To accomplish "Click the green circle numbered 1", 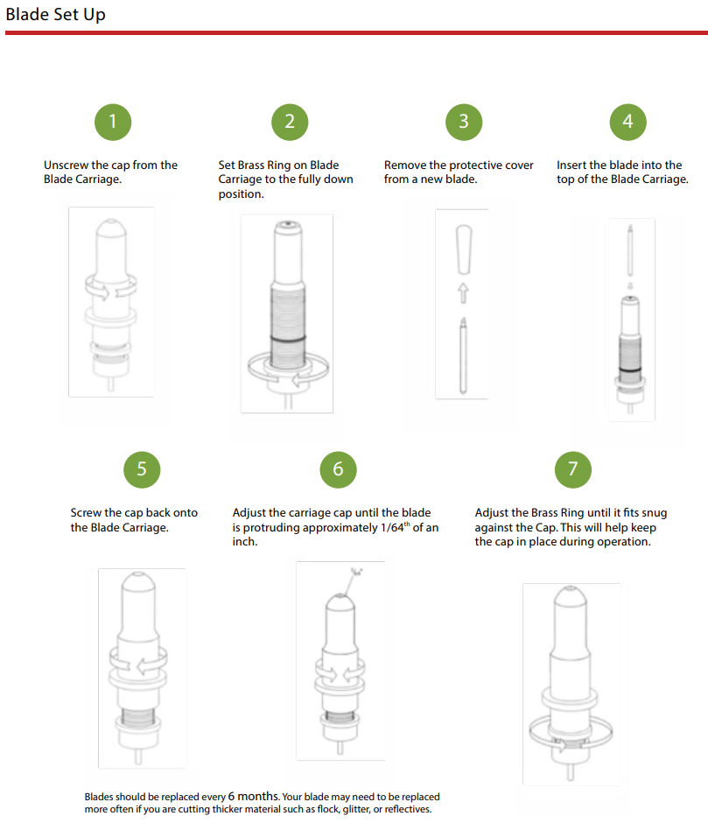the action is point(113,122).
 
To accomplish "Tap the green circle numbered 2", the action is point(290,122).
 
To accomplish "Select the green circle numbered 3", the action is point(464,122).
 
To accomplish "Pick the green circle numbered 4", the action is point(628,122).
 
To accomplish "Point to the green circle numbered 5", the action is point(142,470).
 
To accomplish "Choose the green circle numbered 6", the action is point(339,470).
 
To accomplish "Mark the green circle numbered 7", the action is point(573,470).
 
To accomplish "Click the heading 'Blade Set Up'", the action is point(56,15).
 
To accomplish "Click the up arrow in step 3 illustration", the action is point(463,293).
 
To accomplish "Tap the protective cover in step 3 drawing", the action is point(464,250).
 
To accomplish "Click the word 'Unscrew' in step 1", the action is point(67,165).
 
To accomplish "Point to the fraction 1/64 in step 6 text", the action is point(393,527).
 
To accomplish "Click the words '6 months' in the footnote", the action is point(253,796).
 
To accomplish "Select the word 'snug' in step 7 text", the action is point(654,513).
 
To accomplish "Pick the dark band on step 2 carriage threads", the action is point(288,339).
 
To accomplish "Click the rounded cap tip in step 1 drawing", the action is point(111,226).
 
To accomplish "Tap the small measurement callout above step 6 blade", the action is point(357,572).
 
